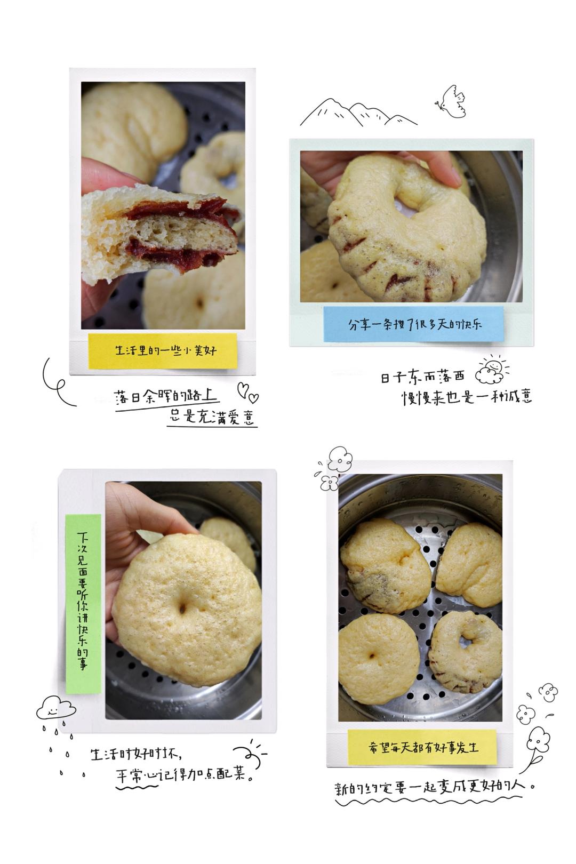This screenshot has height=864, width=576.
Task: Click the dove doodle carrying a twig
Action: [451, 101]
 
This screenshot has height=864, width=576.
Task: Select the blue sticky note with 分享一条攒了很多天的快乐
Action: [413, 324]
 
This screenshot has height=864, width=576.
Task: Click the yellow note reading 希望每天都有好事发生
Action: [422, 748]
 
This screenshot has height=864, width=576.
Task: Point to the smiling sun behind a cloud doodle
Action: [491, 370]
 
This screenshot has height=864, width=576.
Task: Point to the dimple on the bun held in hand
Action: [182, 609]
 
